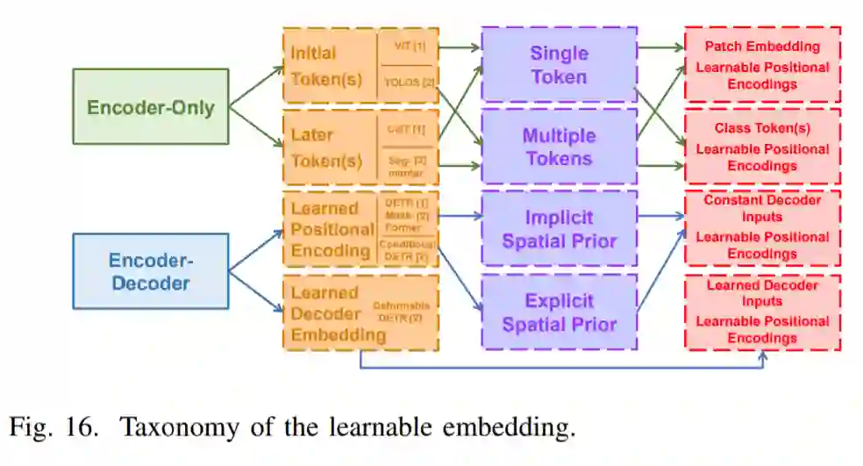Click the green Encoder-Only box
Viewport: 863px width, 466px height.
(x=150, y=107)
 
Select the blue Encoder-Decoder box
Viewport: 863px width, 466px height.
(x=150, y=271)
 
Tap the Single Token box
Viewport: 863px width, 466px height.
(x=559, y=65)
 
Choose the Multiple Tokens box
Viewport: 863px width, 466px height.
(x=559, y=147)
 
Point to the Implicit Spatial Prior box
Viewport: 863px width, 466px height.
(x=559, y=228)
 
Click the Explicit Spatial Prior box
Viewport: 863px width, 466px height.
(x=559, y=312)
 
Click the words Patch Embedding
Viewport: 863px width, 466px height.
(x=762, y=47)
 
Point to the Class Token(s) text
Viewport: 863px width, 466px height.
(x=762, y=128)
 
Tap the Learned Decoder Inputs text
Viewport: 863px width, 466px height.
(x=762, y=293)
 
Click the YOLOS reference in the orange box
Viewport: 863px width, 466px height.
(x=409, y=82)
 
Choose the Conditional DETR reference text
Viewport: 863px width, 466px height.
(x=407, y=250)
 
